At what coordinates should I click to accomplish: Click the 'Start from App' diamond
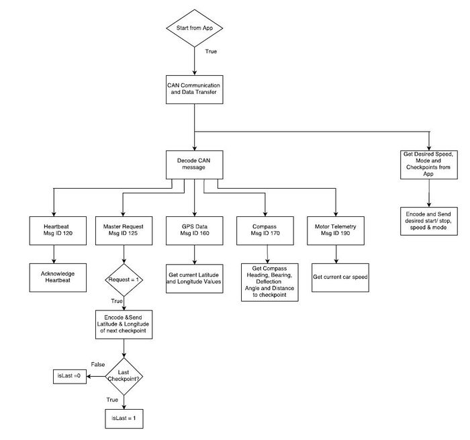(195, 28)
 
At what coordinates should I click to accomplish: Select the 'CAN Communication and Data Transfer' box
(195, 90)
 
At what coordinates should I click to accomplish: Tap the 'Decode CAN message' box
(195, 165)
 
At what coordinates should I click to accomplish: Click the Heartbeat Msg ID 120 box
(58, 230)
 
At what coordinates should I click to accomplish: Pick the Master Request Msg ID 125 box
(124, 230)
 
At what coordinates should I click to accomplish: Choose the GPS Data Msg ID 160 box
(195, 230)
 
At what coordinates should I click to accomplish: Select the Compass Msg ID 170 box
(265, 230)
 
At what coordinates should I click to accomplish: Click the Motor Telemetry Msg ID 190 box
(336, 230)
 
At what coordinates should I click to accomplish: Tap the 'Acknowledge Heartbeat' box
(58, 277)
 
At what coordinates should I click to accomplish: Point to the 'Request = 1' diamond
(124, 280)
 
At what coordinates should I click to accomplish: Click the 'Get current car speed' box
(340, 277)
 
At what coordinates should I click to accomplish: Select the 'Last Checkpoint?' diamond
(124, 376)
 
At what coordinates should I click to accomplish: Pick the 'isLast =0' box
(70, 376)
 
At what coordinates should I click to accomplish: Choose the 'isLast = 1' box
(124, 419)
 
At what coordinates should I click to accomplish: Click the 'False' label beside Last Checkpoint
(98, 364)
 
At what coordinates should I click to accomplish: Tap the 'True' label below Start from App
(211, 51)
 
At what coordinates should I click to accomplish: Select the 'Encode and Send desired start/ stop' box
(429, 221)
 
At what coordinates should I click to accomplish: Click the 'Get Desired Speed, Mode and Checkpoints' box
(429, 165)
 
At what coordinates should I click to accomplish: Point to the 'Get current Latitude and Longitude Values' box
(195, 279)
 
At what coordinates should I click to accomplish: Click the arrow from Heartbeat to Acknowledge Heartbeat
(54, 255)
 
